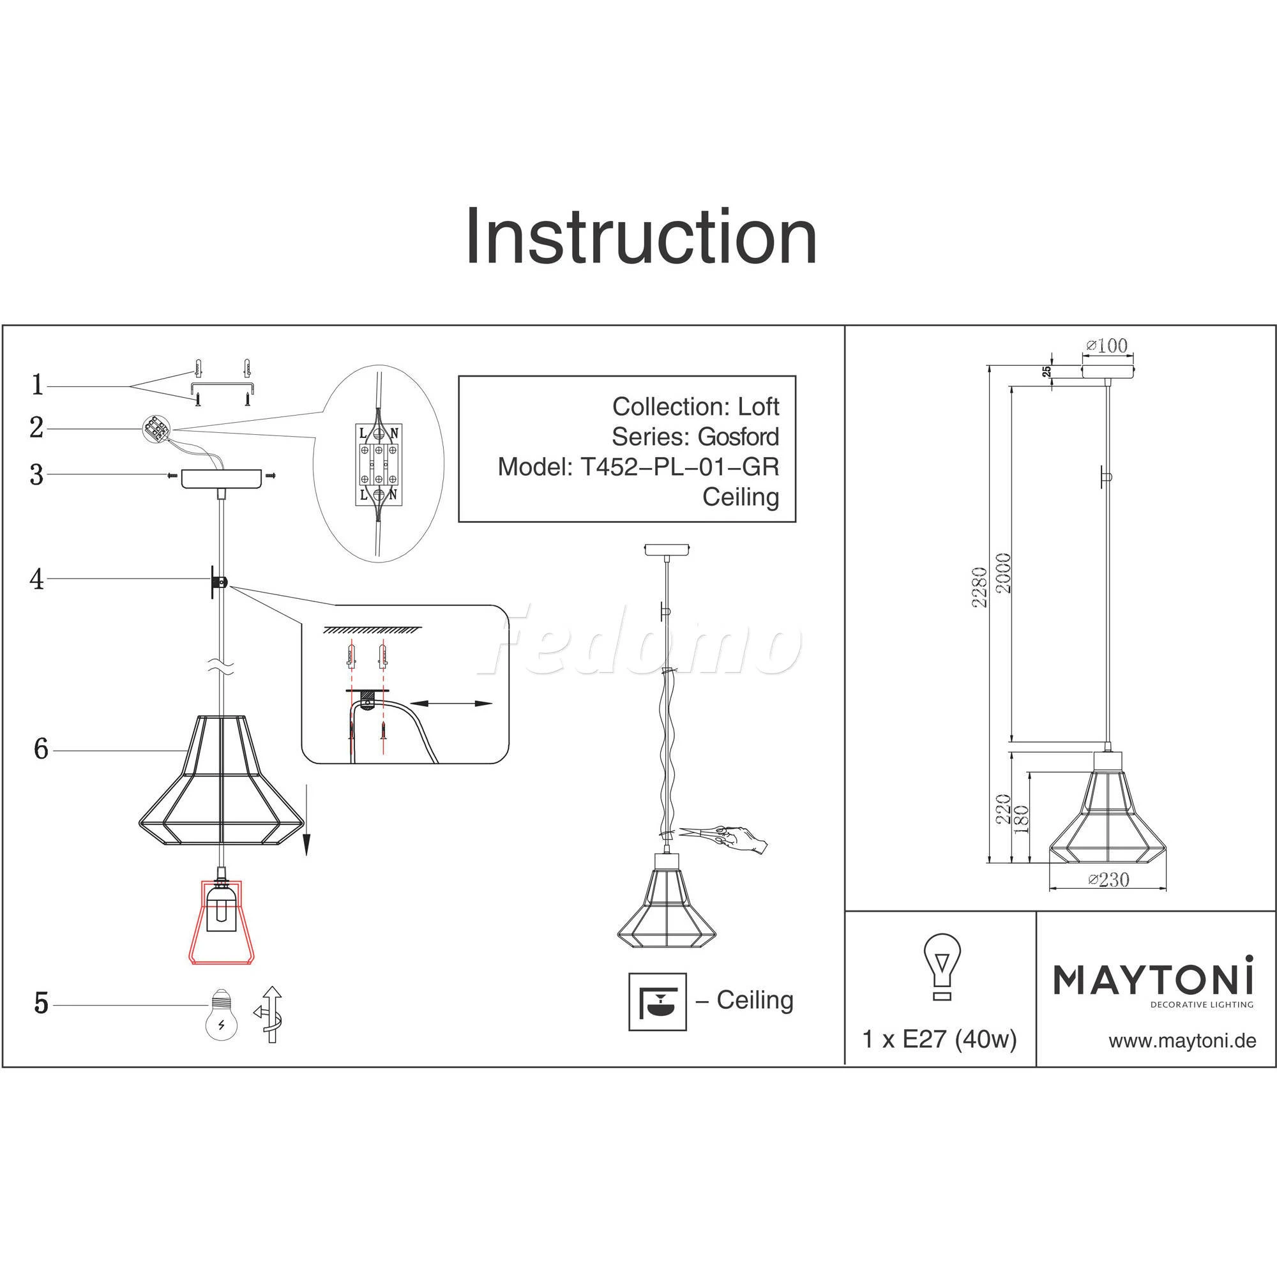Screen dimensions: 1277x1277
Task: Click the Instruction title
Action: click(x=640, y=237)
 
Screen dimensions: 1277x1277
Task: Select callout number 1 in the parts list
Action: click(x=38, y=384)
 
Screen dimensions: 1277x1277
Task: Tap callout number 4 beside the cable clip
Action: click(x=37, y=579)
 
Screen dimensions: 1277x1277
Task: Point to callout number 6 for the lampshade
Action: click(x=41, y=749)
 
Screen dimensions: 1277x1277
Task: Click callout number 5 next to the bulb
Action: click(x=41, y=1003)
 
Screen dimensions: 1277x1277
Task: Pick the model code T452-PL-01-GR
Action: click(x=679, y=467)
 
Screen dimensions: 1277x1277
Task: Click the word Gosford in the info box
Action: click(x=738, y=437)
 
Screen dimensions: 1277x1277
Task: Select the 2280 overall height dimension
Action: click(x=979, y=587)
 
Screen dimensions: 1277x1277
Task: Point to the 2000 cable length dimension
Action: click(x=1003, y=572)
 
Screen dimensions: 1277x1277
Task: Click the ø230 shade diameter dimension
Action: click(x=1108, y=880)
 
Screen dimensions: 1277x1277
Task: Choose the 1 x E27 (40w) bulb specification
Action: click(x=939, y=1039)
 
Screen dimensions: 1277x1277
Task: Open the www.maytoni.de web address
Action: click(x=1182, y=1041)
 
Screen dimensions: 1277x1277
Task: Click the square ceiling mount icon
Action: click(x=657, y=1001)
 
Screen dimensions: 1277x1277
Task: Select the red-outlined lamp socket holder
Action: click(x=222, y=921)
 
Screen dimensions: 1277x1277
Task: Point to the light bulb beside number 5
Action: click(x=222, y=1013)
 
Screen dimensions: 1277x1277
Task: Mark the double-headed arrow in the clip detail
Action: click(x=451, y=704)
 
